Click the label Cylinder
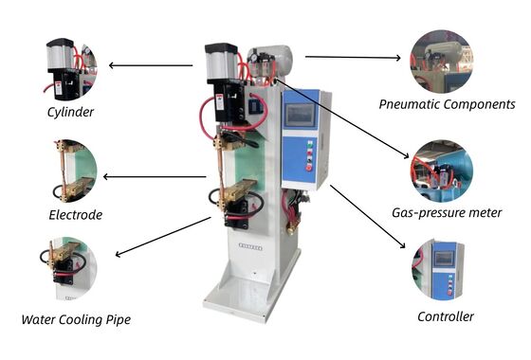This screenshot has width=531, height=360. point(69,112)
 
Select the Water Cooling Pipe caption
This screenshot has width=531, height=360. point(76,319)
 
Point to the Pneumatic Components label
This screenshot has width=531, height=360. point(446,103)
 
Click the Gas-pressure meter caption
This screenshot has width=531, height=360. point(446,212)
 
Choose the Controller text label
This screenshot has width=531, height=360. point(445,316)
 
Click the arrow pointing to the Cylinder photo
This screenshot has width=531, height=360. point(152,65)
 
